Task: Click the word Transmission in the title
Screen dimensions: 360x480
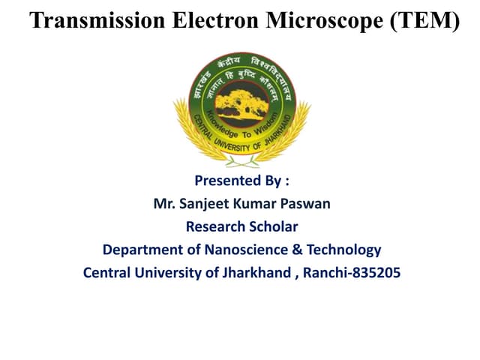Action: point(96,20)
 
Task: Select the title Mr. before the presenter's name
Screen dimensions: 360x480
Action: point(164,203)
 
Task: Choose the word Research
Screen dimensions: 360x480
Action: point(212,226)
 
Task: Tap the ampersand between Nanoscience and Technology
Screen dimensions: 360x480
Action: point(295,250)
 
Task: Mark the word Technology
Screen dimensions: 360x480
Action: point(342,250)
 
